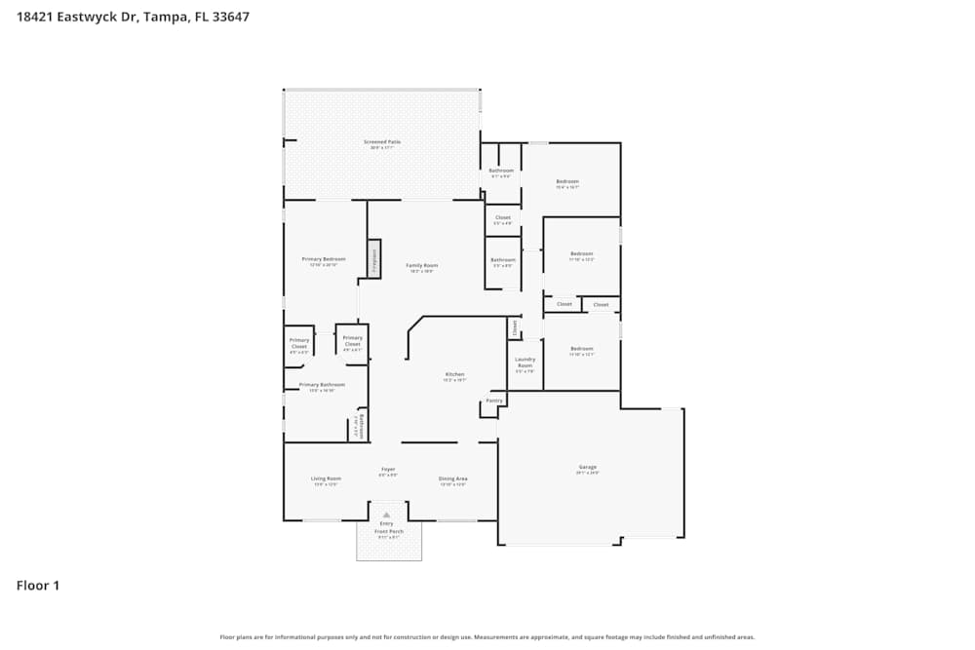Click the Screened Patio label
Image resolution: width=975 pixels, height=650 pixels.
(382, 142)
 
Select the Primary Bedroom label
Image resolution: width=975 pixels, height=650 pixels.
(324, 259)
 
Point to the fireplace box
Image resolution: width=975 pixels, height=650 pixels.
(372, 259)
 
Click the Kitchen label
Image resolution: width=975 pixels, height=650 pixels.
(455, 374)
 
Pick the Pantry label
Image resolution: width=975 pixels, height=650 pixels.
(494, 401)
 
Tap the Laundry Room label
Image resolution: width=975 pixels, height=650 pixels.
(525, 363)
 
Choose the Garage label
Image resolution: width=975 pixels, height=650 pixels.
(587, 468)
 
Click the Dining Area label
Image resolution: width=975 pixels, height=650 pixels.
(453, 478)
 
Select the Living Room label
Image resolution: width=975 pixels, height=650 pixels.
(326, 478)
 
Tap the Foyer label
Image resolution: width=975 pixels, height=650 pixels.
(388, 470)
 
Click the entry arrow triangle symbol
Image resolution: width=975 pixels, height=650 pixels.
(387, 514)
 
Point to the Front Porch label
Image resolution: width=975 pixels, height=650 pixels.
(387, 531)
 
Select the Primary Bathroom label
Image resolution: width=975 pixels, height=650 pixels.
(322, 385)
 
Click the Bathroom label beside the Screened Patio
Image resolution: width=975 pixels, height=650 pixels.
(501, 171)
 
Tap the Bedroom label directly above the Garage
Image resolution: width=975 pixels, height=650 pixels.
(581, 349)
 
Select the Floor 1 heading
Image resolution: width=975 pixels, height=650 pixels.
(38, 586)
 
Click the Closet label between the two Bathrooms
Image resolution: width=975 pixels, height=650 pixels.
(503, 217)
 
